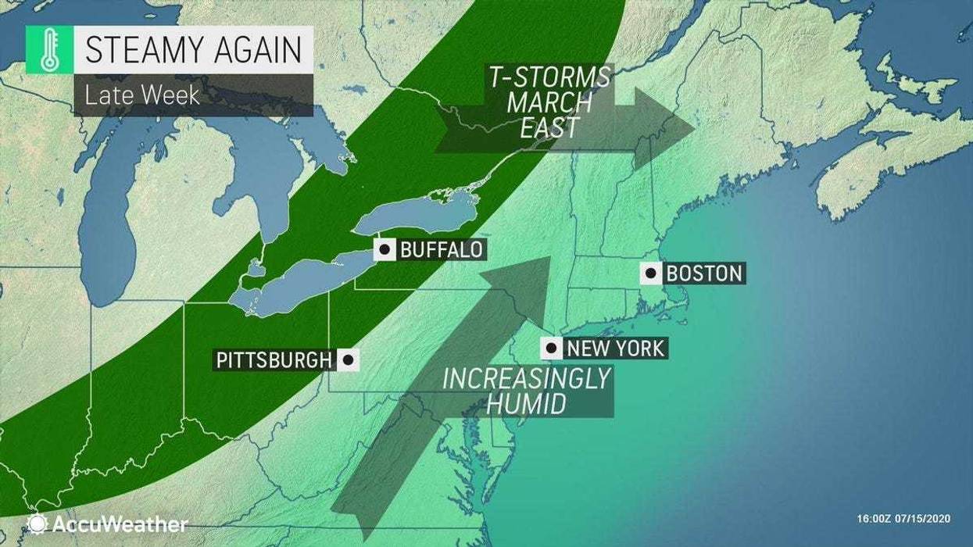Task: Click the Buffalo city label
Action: (440, 250)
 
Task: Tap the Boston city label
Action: (703, 273)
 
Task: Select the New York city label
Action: (616, 348)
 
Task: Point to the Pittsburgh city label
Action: (273, 359)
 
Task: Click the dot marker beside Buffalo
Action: (385, 250)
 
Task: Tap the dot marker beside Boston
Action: (651, 273)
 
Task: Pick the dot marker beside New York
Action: (552, 348)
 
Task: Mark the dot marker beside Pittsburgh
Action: (348, 359)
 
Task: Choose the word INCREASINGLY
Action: (525, 378)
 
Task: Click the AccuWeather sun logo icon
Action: (36, 523)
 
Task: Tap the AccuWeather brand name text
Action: (117, 524)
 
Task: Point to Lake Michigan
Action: (117, 227)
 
